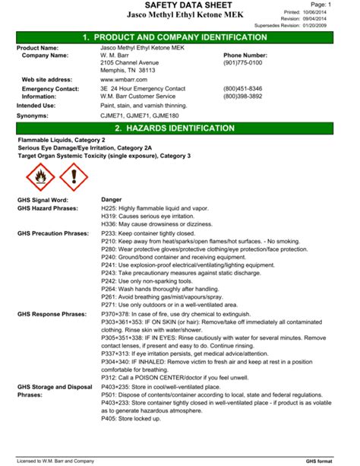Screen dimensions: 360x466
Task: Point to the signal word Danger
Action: pos(112,199)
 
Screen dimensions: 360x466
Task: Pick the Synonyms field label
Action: pos(33,116)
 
